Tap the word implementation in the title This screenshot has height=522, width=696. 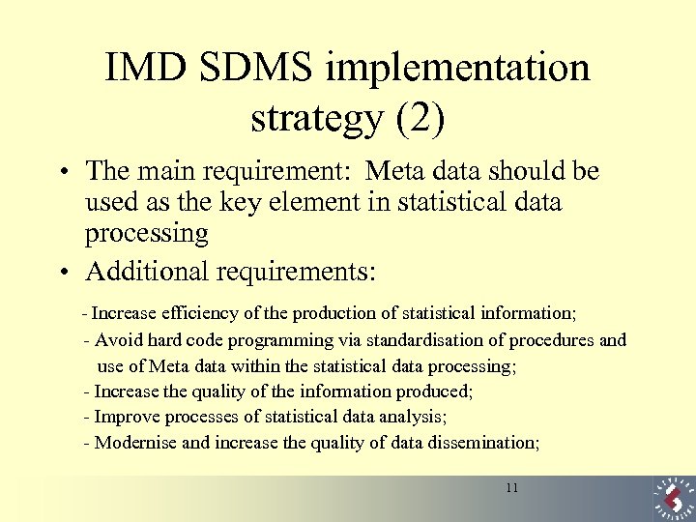(458, 68)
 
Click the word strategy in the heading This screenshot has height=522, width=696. (316, 120)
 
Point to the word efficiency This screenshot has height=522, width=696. (202, 313)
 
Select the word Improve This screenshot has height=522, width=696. (128, 418)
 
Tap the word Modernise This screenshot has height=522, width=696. (135, 443)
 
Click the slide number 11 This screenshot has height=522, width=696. (511, 488)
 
